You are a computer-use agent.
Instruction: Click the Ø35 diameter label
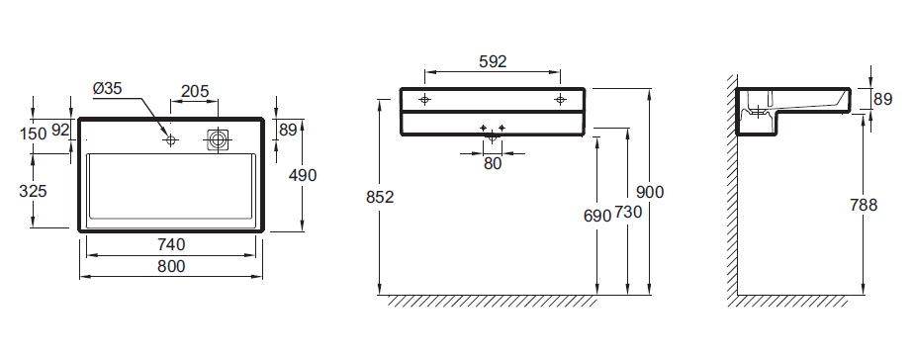107,89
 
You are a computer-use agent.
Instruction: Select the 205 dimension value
195,91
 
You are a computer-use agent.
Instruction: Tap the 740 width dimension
171,244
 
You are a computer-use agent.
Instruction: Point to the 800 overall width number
171,266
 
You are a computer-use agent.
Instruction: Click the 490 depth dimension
303,175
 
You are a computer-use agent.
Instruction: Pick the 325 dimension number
34,191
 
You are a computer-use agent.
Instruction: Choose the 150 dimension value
33,134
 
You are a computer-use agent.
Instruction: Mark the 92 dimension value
60,130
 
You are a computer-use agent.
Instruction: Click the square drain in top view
219,139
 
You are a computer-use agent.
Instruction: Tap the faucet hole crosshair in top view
170,139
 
